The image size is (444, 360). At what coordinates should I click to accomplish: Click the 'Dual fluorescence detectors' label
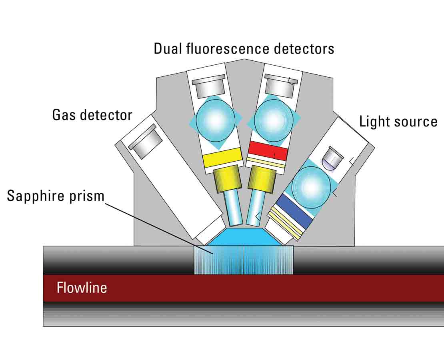click(x=244, y=49)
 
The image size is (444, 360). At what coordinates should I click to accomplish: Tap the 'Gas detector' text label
click(x=92, y=115)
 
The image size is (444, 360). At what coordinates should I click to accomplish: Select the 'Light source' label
click(x=398, y=121)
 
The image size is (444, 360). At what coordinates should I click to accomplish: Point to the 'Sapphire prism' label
click(x=56, y=196)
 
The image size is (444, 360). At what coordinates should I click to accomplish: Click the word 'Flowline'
click(x=82, y=288)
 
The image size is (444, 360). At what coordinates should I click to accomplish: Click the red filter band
click(x=268, y=150)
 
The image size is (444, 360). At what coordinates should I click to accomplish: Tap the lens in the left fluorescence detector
click(x=216, y=120)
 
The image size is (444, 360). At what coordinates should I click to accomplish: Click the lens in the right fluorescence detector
click(x=273, y=119)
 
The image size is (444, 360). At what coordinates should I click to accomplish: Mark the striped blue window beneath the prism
click(x=244, y=260)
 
